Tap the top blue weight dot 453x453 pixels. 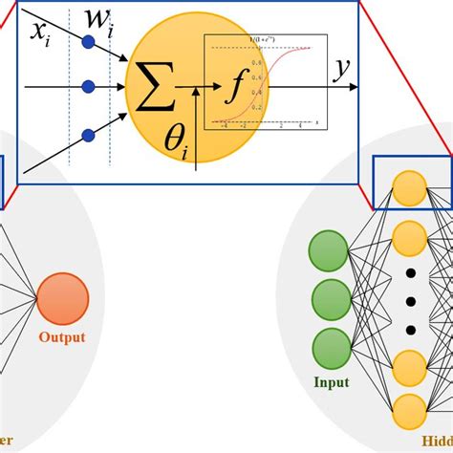(x=89, y=42)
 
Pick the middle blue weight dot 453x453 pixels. (x=89, y=87)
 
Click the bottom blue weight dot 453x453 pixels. (x=89, y=133)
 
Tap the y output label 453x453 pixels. (x=341, y=71)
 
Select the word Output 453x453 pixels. (x=62, y=336)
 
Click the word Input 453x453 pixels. (x=331, y=382)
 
